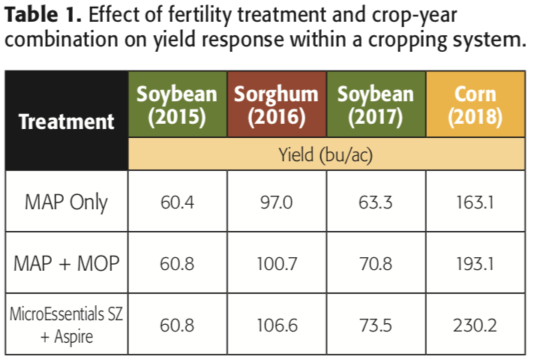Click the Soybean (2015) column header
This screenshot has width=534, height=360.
point(176,106)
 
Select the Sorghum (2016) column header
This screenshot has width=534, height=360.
point(276,106)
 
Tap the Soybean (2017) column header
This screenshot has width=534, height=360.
point(375,106)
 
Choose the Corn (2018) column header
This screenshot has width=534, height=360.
point(475,106)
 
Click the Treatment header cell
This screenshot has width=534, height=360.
point(66,121)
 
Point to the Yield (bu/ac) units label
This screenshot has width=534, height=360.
point(326,155)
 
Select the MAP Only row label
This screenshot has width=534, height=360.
point(66,202)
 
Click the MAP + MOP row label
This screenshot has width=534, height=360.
point(66,263)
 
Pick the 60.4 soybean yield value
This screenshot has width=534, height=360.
point(176,202)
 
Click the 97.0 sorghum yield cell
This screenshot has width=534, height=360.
point(276,202)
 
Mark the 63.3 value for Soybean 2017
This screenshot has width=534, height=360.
point(375,202)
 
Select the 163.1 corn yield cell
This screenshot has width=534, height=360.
point(475,202)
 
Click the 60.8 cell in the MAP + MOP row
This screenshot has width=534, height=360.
point(176,263)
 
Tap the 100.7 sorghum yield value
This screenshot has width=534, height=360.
point(276,263)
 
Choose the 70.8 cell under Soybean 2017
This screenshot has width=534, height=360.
point(375,263)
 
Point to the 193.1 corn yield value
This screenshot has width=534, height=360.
point(475,263)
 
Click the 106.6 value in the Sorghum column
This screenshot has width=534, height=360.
point(276,324)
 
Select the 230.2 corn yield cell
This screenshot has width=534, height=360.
point(475,324)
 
